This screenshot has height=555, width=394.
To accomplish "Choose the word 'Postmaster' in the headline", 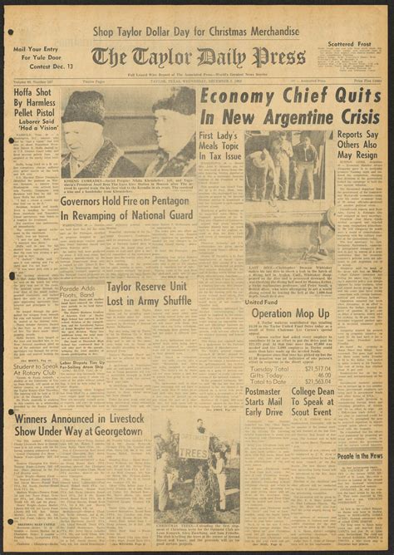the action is (x=268, y=367).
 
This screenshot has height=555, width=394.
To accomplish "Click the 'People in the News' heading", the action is (x=359, y=455).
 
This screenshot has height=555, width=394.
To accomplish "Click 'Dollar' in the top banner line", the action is (x=170, y=30).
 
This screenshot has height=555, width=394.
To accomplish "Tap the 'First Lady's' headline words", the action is (x=218, y=136).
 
